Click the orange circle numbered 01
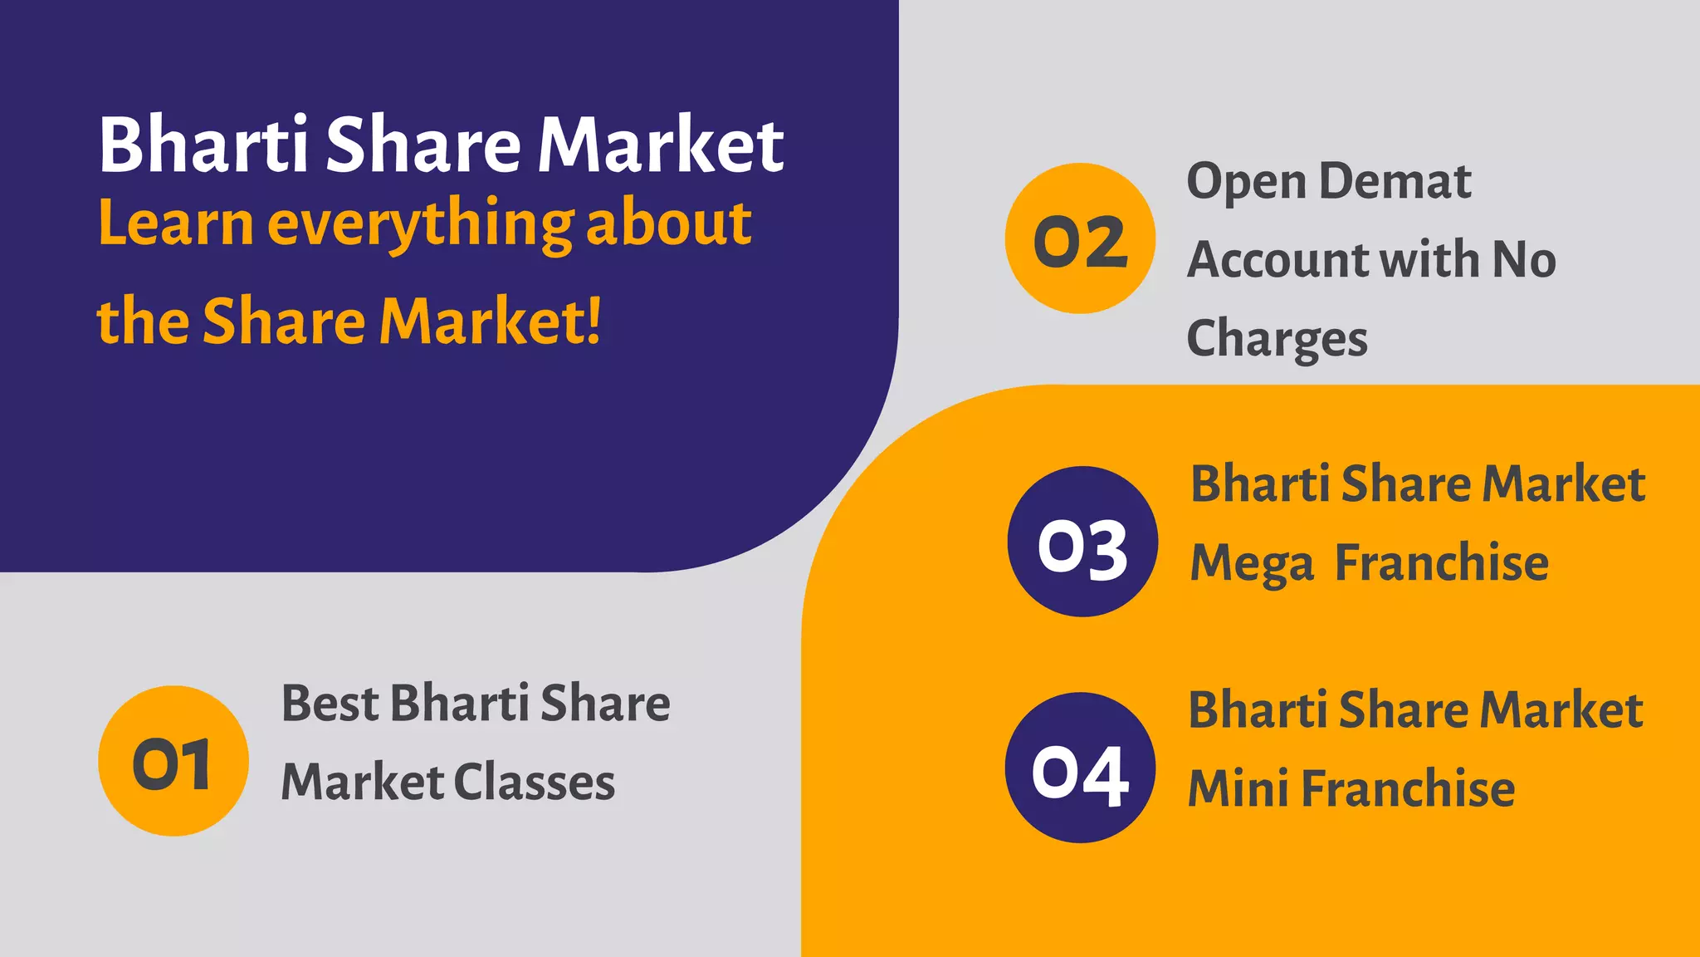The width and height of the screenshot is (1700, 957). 173,761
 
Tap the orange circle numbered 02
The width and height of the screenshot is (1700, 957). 1080,238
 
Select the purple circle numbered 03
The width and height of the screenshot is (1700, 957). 1082,542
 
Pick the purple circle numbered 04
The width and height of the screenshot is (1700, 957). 1080,768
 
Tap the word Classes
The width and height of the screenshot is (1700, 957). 535,783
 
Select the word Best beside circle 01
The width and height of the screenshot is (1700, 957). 330,704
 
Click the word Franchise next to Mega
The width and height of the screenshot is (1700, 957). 1442,563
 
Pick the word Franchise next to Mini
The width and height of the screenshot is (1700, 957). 1408,788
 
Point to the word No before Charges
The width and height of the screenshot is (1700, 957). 1523,260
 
